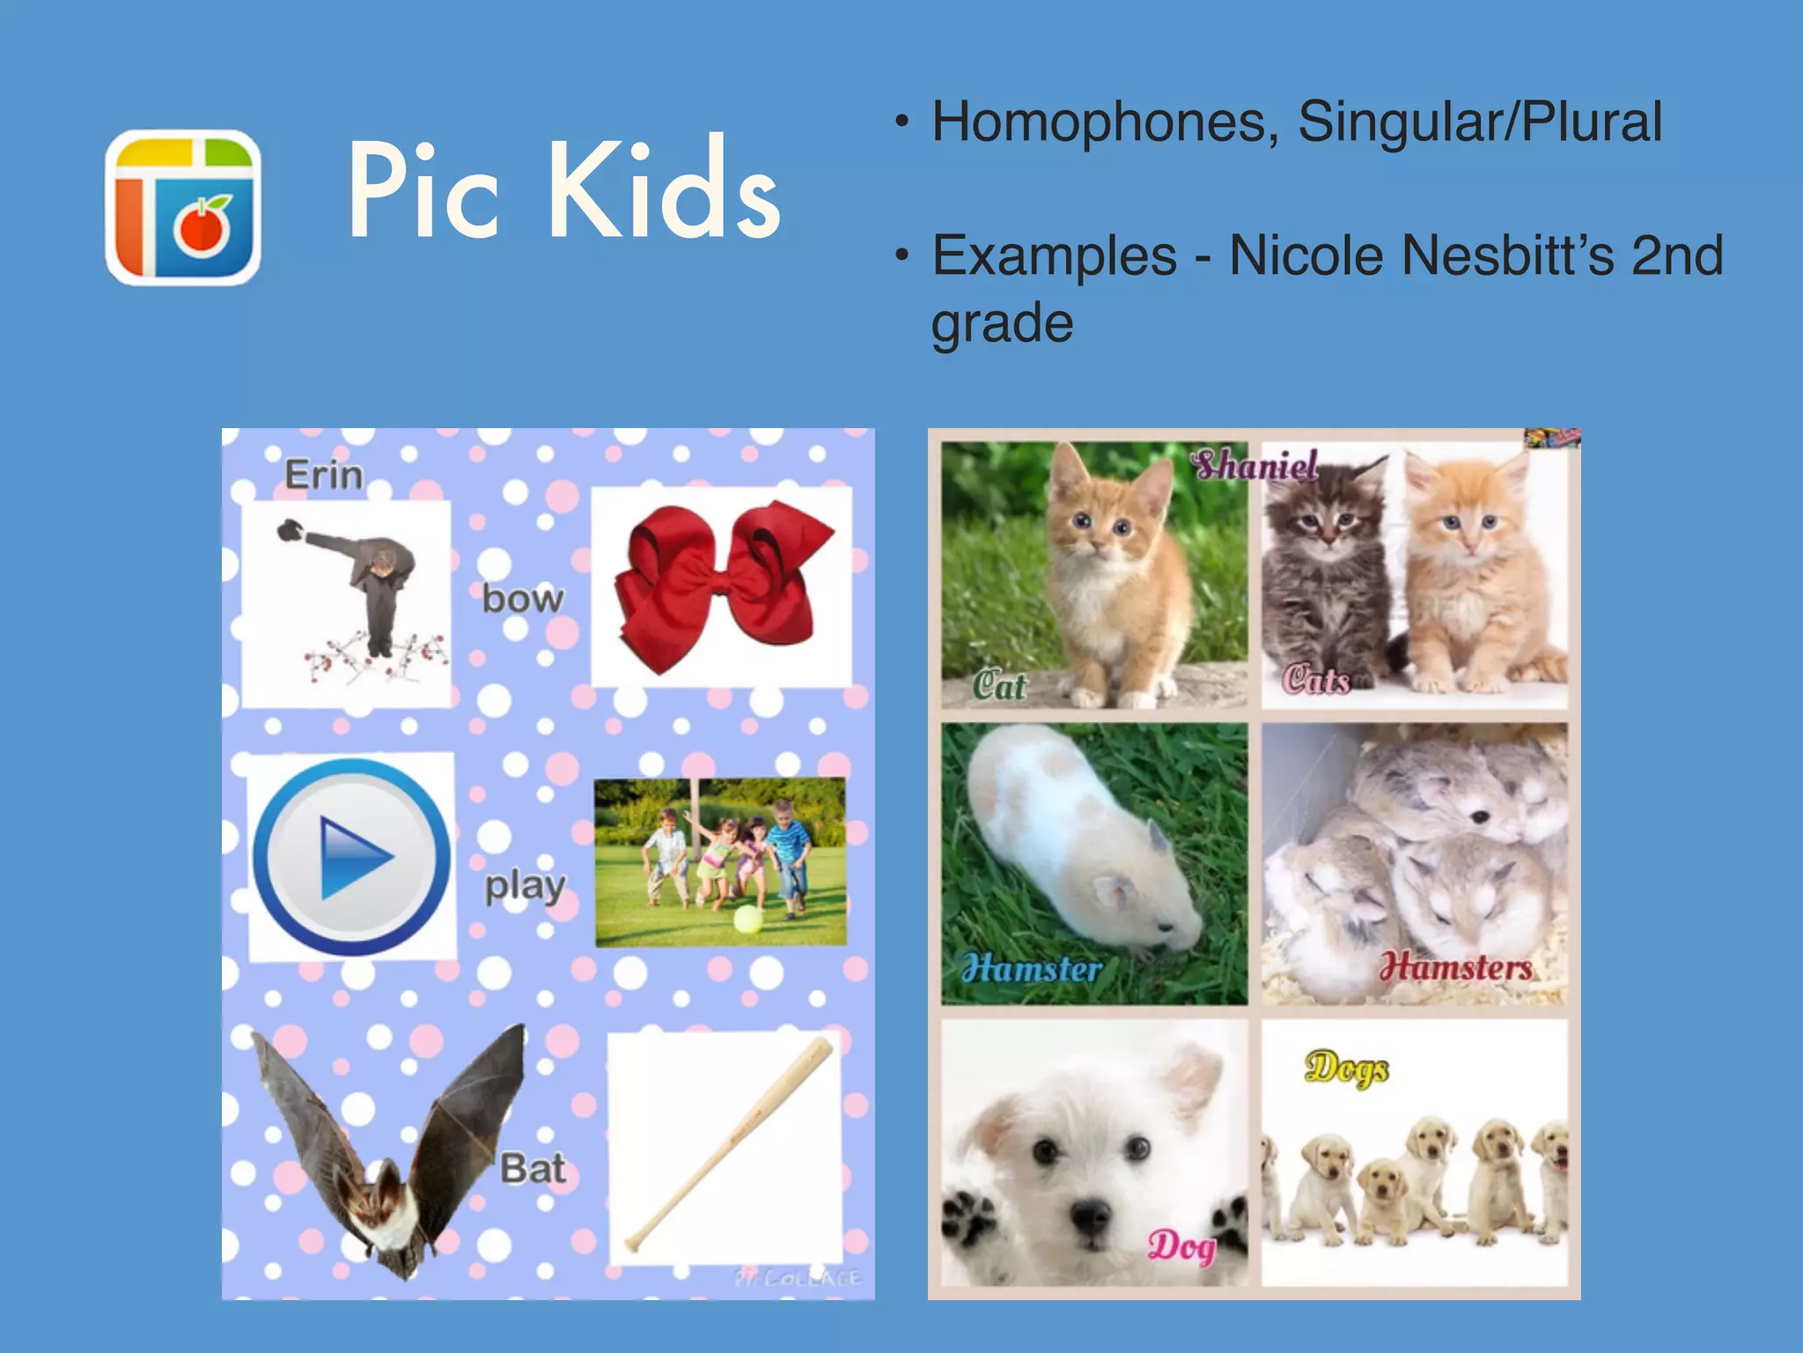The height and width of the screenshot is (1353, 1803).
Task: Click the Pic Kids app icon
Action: pyautogui.click(x=183, y=208)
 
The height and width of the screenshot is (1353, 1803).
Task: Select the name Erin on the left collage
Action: pyautogui.click(x=323, y=476)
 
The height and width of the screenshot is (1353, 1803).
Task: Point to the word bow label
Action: pyautogui.click(x=522, y=600)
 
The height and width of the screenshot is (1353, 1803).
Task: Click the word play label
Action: pyautogui.click(x=525, y=886)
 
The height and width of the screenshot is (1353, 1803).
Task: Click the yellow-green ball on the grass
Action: pyautogui.click(x=748, y=920)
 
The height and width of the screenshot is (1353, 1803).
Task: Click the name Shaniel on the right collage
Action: pyautogui.click(x=1255, y=465)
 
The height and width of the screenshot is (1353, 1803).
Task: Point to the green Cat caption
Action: pyautogui.click(x=999, y=685)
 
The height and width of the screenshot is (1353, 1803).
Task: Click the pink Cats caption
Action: pyautogui.click(x=1315, y=680)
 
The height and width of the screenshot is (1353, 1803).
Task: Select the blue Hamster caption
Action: pyautogui.click(x=1032, y=969)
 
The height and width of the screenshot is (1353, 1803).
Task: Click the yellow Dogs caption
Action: pyautogui.click(x=1346, y=1068)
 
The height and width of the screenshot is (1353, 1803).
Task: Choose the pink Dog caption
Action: pyautogui.click(x=1181, y=1246)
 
